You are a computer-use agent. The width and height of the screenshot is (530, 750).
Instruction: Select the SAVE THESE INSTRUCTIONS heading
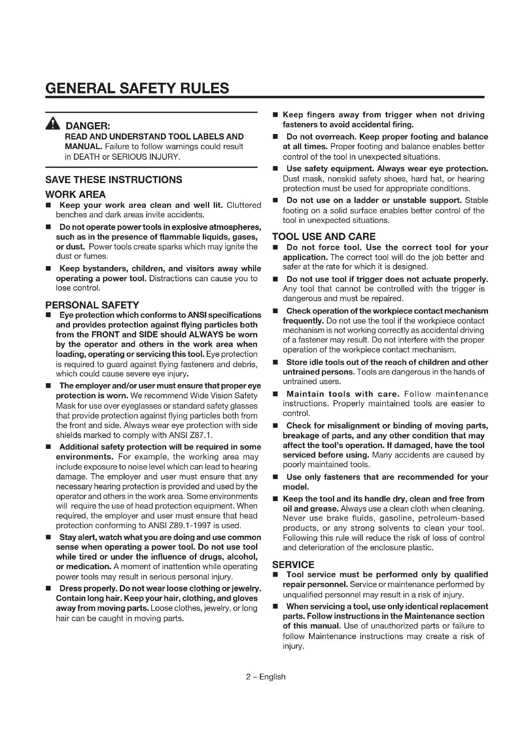[113, 180]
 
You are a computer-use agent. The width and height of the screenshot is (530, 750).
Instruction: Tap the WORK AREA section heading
[75, 194]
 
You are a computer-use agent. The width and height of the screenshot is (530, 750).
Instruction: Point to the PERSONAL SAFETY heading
[92, 305]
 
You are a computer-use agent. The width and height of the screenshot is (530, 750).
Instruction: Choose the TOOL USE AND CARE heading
[324, 237]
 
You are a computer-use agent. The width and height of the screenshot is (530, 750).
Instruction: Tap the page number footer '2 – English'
[265, 677]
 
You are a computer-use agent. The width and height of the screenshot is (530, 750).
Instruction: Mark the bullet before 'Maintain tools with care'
[276, 394]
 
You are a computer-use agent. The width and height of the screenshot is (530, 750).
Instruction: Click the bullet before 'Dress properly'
[48, 589]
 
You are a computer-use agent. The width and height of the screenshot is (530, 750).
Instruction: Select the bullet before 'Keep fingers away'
[276, 115]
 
